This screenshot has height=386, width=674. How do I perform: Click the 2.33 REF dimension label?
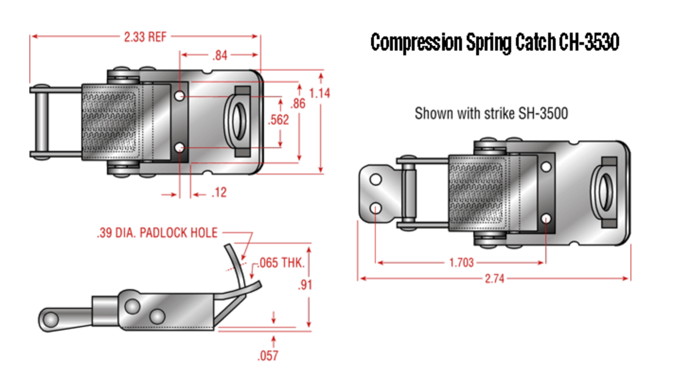pyautogui.click(x=145, y=37)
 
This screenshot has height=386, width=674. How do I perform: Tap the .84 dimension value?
pyautogui.click(x=220, y=55)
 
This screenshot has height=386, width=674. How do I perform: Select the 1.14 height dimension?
pyautogui.click(x=319, y=93)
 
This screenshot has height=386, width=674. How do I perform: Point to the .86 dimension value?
pyautogui.click(x=298, y=103)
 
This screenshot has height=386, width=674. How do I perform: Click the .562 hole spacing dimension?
pyautogui.click(x=278, y=120)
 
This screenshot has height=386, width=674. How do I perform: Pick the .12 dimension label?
pyautogui.click(x=219, y=193)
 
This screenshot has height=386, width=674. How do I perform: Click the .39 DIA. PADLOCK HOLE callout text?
pyautogui.click(x=157, y=233)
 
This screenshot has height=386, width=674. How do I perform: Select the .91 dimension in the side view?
pyautogui.click(x=306, y=285)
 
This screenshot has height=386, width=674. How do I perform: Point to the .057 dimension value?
pyautogui.click(x=267, y=355)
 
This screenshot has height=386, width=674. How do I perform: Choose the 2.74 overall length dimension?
pyautogui.click(x=494, y=279)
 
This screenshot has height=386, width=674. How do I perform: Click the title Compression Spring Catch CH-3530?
pyautogui.click(x=495, y=43)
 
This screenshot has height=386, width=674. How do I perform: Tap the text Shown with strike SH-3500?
pyautogui.click(x=491, y=114)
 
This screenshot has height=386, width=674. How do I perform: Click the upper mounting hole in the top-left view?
pyautogui.click(x=179, y=96)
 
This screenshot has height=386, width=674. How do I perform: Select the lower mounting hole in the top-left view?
pyautogui.click(x=179, y=148)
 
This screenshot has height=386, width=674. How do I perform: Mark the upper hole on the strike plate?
pyautogui.click(x=376, y=179)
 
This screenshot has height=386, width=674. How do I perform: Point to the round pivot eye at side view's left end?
pyautogui.click(x=49, y=320)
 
